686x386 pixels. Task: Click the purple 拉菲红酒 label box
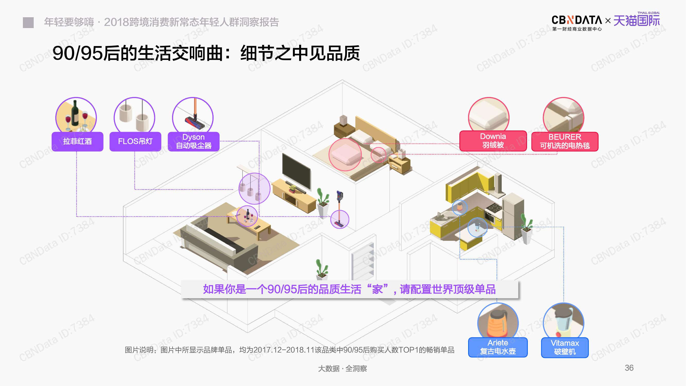point(77,142)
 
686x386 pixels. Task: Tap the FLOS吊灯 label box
point(135,142)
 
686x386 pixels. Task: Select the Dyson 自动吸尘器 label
point(194,142)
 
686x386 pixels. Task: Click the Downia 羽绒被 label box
point(493,141)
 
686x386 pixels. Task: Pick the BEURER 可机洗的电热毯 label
point(565,142)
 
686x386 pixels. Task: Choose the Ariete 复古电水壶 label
point(498,347)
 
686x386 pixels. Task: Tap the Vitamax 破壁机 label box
point(565,347)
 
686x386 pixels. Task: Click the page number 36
point(629,368)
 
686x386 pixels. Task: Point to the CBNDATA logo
point(576,21)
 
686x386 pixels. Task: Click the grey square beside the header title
point(28,23)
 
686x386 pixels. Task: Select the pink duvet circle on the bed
point(345,155)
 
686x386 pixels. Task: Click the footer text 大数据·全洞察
point(342,369)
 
